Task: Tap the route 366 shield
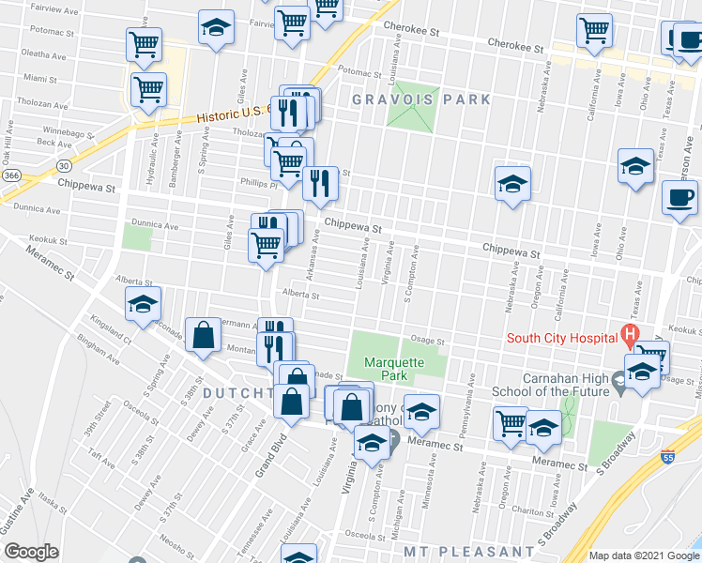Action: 11,175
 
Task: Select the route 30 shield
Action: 61,166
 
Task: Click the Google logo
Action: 31,551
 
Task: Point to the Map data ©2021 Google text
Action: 644,555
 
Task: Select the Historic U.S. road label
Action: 233,114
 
